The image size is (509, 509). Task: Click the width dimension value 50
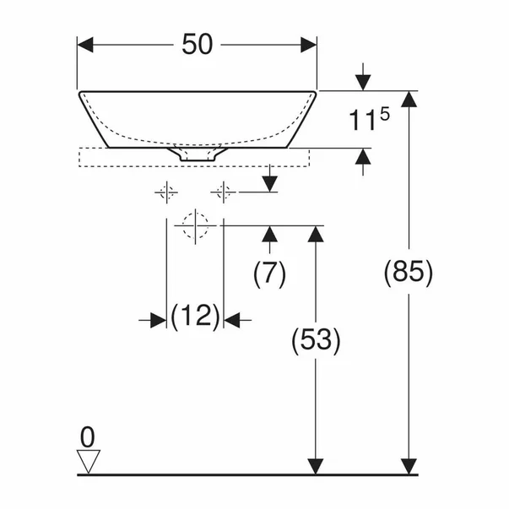tap(197, 44)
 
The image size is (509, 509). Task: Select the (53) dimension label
tap(316, 340)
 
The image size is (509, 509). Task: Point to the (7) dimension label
tap(269, 273)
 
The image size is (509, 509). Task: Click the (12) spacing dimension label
tap(195, 317)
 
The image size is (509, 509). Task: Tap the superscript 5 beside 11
tap(385, 115)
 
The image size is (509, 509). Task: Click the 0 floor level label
tap(87, 437)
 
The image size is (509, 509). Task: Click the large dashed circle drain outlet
tap(195, 225)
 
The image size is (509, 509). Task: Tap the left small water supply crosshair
tap(166, 192)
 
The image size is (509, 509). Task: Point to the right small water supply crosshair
tap(224, 192)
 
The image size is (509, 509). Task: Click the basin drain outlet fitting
tap(197, 154)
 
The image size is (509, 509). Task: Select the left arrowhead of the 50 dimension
tap(85, 45)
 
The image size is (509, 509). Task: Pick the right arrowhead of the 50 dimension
tap(308, 45)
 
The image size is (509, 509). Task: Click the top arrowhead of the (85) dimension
tap(409, 99)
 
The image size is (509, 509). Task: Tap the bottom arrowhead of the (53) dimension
tap(316, 467)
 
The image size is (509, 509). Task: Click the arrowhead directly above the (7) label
tap(270, 234)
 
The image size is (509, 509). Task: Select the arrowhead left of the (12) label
tap(159, 320)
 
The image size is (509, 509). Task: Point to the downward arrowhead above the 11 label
tap(363, 83)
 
